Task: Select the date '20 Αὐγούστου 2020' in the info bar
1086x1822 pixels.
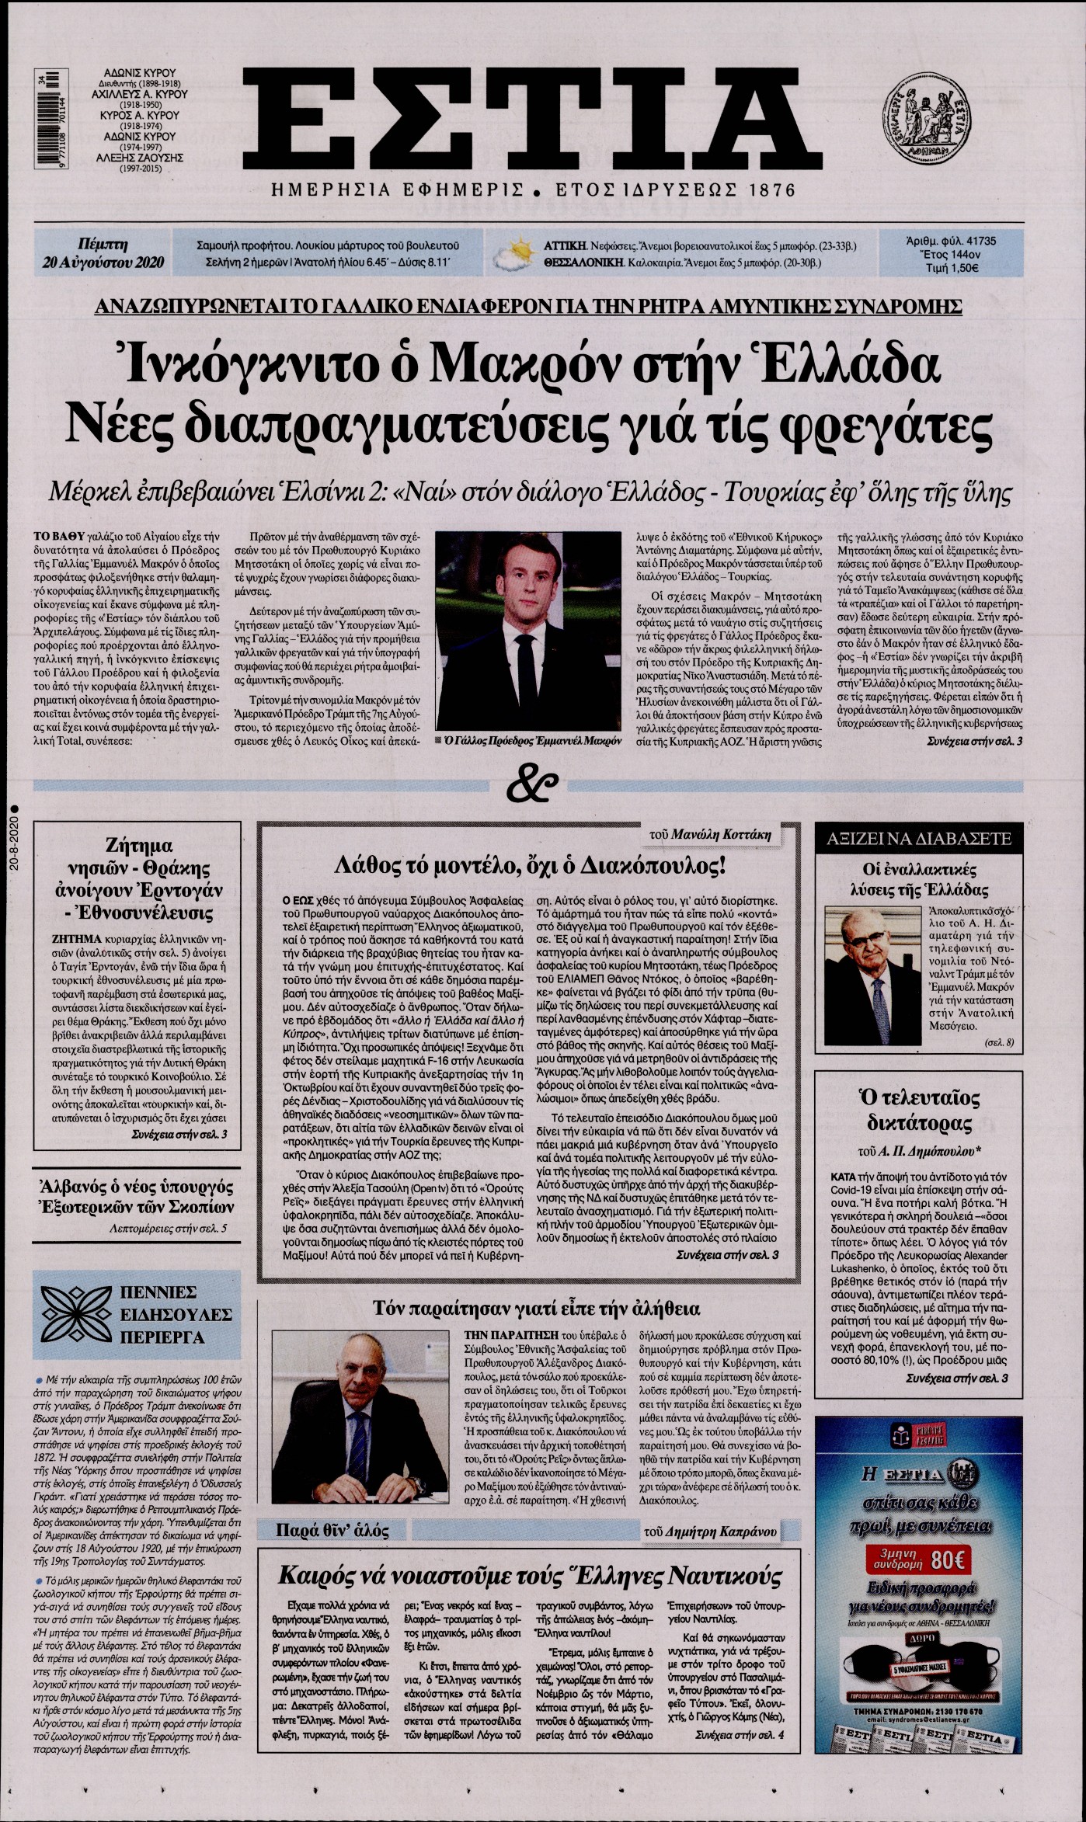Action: coord(104,262)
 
